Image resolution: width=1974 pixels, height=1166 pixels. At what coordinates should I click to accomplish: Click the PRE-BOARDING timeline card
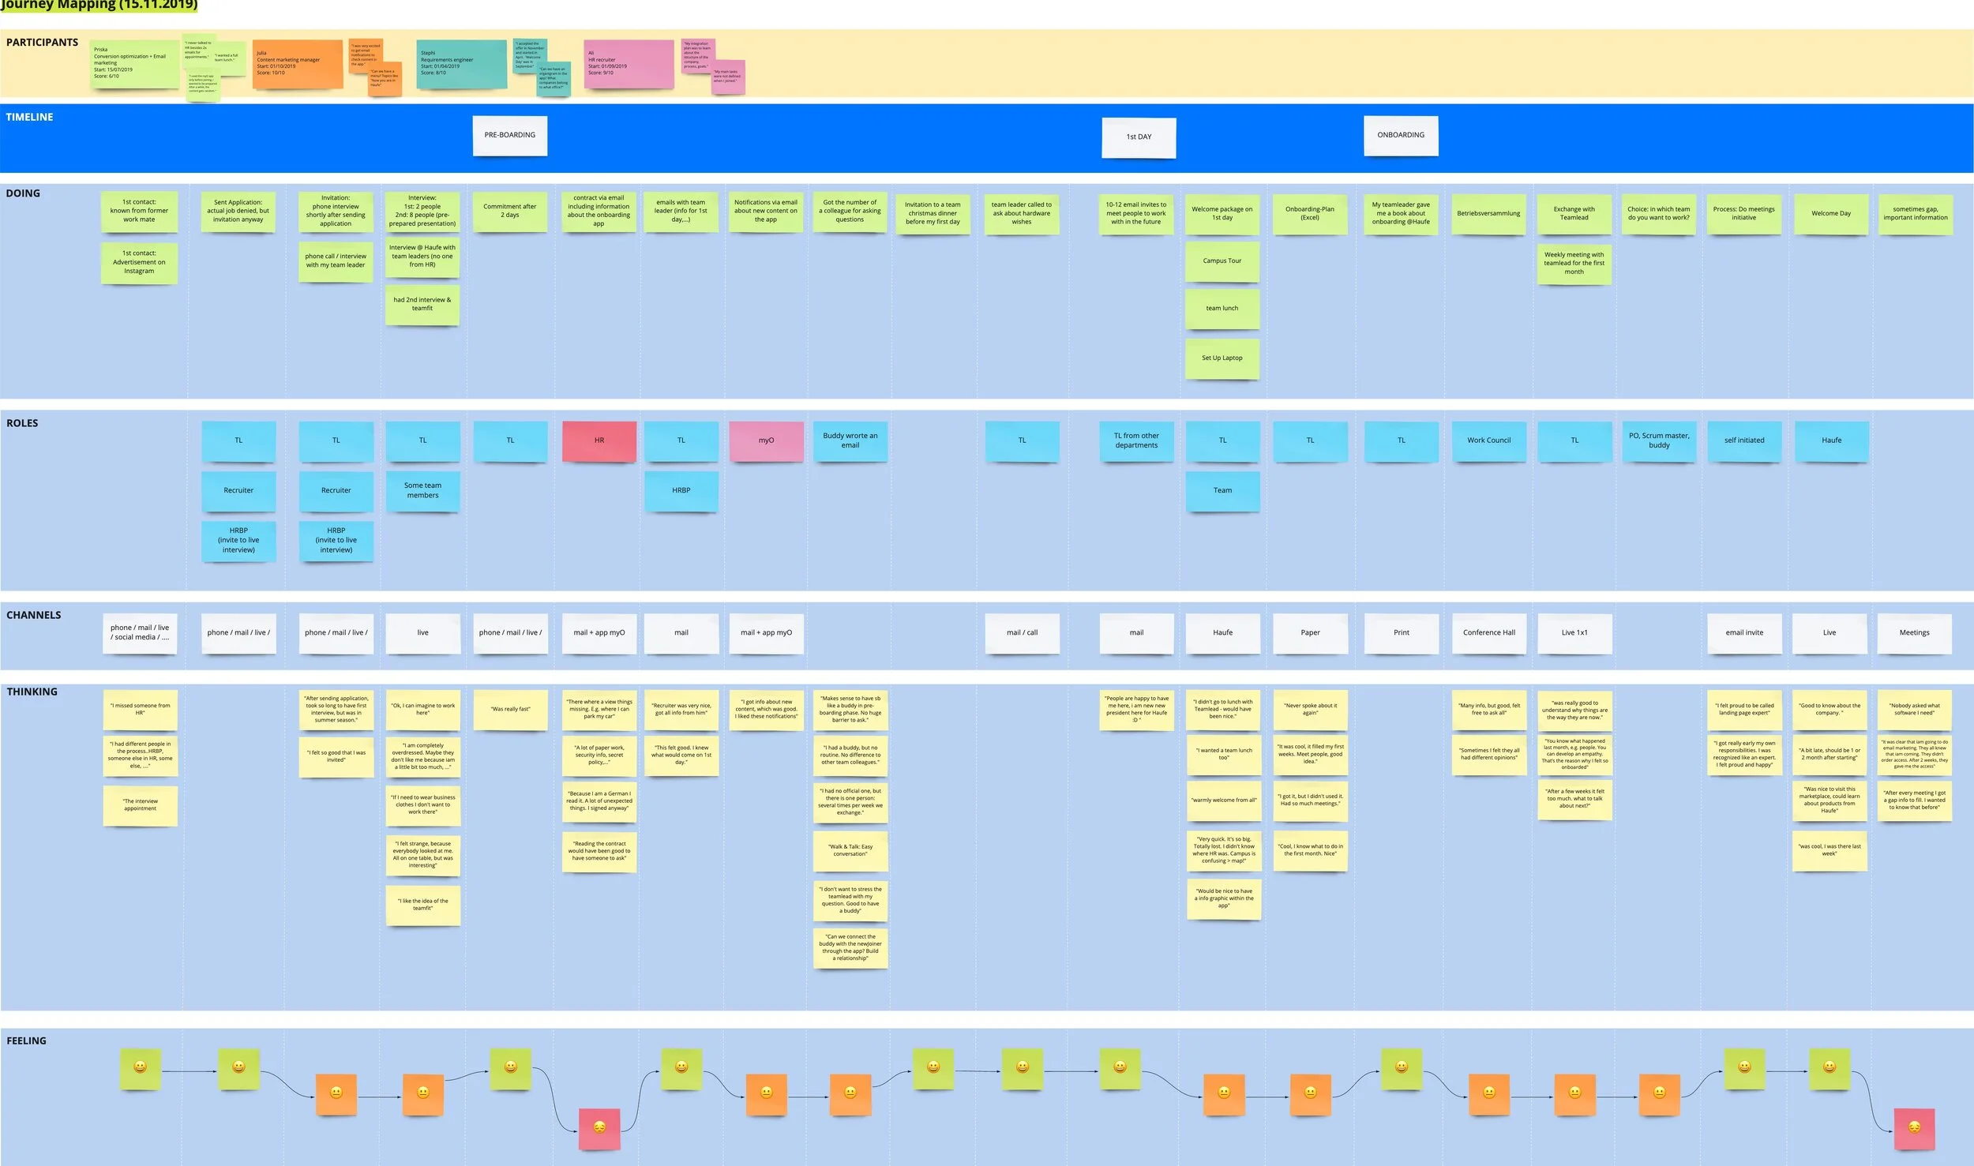pos(509,135)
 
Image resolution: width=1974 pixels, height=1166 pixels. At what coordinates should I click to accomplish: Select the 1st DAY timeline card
pos(1139,137)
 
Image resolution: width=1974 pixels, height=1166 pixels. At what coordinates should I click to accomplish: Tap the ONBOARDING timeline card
pos(1401,135)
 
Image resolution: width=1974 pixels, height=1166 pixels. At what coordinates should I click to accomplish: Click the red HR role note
pos(599,441)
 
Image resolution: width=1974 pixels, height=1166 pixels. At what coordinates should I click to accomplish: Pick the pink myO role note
pos(766,441)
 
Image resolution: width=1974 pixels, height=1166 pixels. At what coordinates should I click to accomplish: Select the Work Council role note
pos(1488,441)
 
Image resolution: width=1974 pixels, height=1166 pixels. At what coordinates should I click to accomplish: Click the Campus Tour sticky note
pos(1222,261)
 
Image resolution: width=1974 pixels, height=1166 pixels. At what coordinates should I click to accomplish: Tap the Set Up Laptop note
pos(1222,358)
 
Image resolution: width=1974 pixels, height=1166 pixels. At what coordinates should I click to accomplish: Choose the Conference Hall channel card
pos(1488,632)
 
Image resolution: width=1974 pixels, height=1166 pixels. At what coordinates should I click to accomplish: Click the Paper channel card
pos(1310,632)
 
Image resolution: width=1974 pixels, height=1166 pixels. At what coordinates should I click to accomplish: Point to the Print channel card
pos(1401,632)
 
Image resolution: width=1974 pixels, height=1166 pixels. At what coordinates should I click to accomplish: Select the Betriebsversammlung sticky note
pos(1488,213)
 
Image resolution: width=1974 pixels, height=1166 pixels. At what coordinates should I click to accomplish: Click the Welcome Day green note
pos(1830,213)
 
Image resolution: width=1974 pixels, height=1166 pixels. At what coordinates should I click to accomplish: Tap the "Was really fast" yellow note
pos(510,709)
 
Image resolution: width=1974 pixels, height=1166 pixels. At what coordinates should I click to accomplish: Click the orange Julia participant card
pos(297,63)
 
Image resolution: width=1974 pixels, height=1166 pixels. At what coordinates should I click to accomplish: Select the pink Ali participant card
pos(629,63)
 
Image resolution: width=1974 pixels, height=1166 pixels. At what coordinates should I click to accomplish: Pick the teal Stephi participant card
pos(461,63)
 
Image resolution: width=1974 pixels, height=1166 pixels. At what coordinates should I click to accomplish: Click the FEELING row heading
pos(27,1040)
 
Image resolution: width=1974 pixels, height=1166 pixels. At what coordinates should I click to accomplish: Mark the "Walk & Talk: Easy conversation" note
pos(850,850)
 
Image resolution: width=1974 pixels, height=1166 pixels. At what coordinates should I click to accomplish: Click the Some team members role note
pos(422,490)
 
